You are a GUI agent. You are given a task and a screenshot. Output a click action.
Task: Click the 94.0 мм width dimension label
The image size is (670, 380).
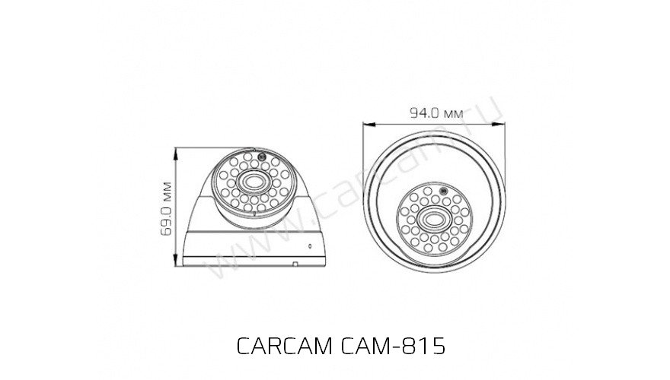click(x=436, y=113)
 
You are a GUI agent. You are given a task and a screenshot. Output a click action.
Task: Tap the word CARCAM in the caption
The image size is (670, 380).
click(x=283, y=347)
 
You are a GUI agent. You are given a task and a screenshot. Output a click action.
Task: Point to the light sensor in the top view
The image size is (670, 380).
click(x=441, y=191)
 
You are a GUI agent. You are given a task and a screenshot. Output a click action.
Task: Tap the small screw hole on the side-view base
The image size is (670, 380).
click(x=310, y=245)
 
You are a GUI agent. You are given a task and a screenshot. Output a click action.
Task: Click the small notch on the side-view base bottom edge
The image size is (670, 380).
click(x=295, y=264)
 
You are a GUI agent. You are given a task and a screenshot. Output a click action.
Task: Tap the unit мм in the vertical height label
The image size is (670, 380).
click(x=168, y=189)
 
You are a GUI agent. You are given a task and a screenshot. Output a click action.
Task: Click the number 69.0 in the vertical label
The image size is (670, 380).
click(x=168, y=221)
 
